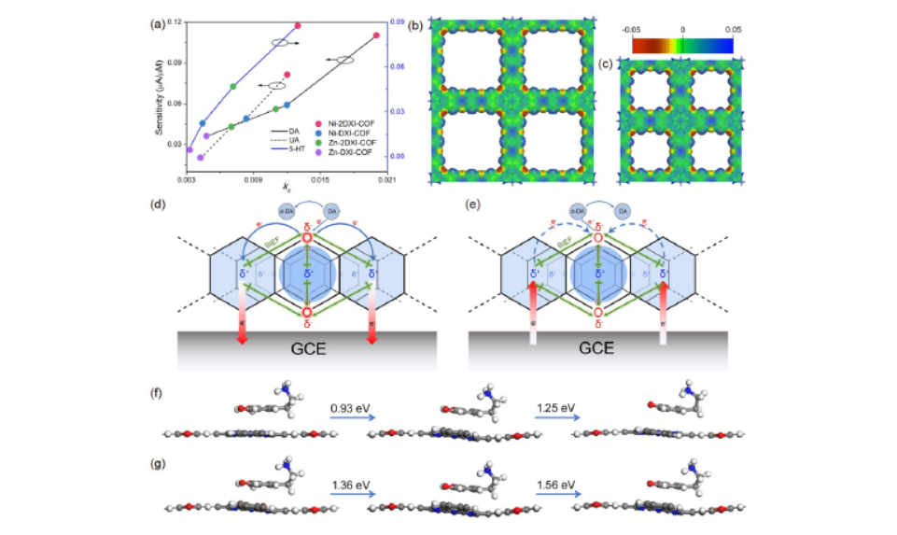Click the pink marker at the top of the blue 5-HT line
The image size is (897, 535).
click(x=298, y=25)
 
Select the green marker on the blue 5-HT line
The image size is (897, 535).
click(x=233, y=86)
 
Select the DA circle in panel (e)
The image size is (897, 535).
click(x=628, y=213)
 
